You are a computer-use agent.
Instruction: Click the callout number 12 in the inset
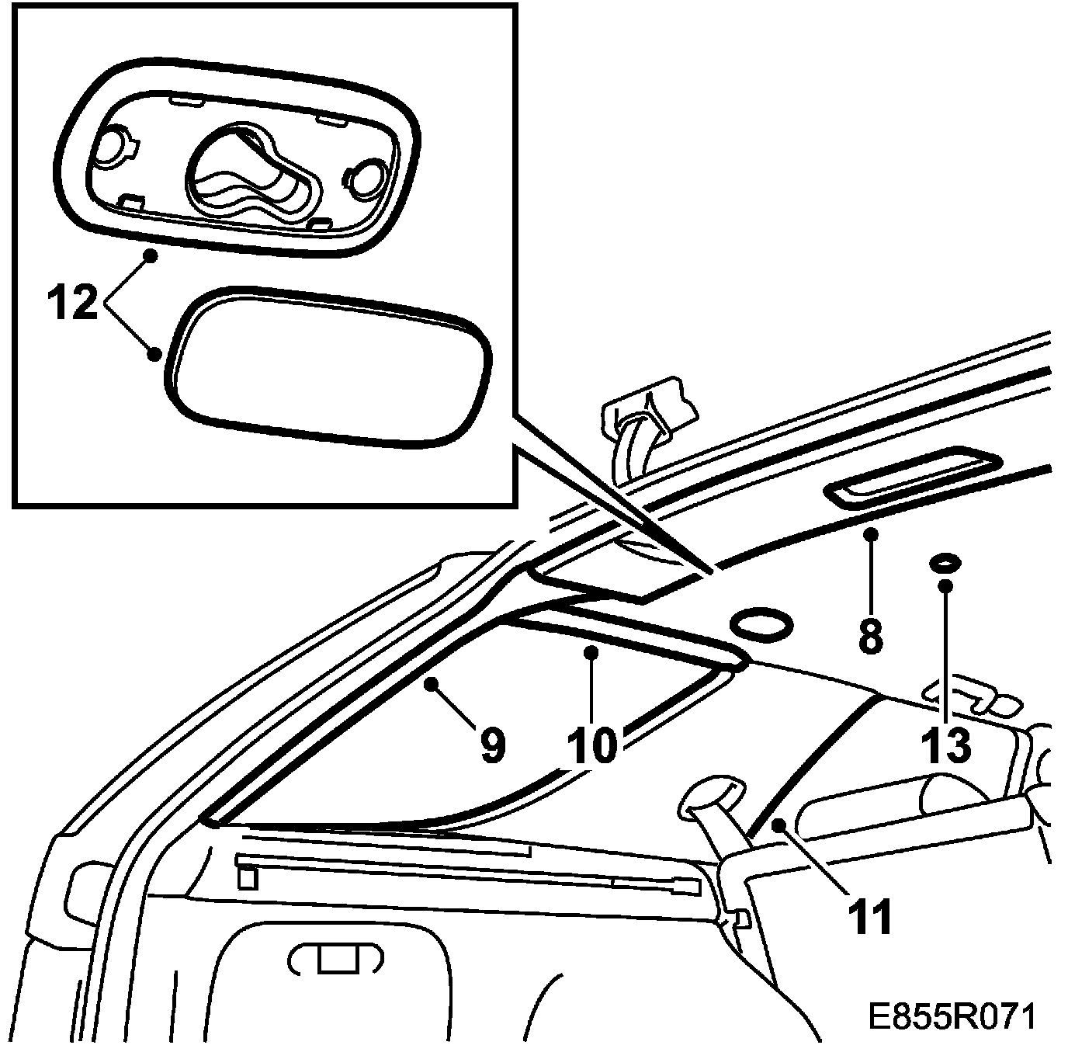click(x=75, y=302)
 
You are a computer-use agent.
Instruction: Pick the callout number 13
click(x=946, y=745)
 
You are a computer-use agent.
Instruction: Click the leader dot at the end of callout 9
click(x=432, y=682)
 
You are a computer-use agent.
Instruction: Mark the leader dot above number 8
click(x=872, y=533)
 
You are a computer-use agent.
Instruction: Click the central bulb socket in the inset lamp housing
click(x=248, y=170)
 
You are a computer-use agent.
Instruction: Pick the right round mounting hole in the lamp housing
click(x=367, y=178)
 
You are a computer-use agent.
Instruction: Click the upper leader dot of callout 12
click(x=152, y=255)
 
